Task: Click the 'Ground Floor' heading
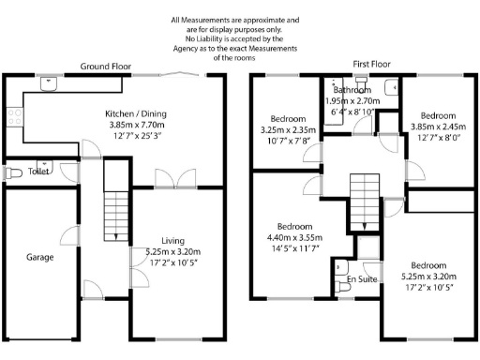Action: point(105,67)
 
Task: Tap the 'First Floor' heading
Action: point(371,64)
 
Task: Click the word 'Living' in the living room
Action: point(173,240)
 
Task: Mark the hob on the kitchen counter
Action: point(14,117)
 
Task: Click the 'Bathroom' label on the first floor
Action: point(352,90)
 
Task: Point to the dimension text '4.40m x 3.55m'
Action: point(294,238)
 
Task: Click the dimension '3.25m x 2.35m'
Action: point(289,130)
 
